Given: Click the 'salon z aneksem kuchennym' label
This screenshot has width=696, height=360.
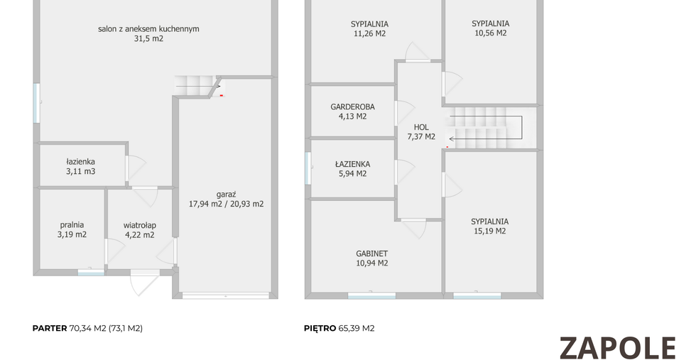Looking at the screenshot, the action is pyautogui.click(x=148, y=29).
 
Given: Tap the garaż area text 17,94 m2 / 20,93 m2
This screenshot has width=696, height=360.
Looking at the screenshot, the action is pyautogui.click(x=227, y=204).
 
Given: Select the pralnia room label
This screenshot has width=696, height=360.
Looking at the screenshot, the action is pyautogui.click(x=72, y=225).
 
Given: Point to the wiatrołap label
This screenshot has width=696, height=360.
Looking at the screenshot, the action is pyautogui.click(x=139, y=225).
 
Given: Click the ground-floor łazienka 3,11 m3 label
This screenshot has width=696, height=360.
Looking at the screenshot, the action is pyautogui.click(x=81, y=166).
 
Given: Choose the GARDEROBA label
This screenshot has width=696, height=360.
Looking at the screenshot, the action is pyautogui.click(x=352, y=107).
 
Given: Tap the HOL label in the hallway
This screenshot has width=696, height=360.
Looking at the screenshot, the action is pyautogui.click(x=421, y=127).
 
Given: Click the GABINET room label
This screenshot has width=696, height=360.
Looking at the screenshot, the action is pyautogui.click(x=372, y=254).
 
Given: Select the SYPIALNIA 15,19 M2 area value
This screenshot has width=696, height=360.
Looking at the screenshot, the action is pyautogui.click(x=489, y=231).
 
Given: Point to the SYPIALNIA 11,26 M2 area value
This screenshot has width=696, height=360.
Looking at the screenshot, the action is pyautogui.click(x=370, y=34).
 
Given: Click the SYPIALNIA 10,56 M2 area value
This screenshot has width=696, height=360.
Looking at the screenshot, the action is pyautogui.click(x=491, y=33).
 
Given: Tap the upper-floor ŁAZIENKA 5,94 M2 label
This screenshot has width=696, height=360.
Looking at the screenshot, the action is pyautogui.click(x=352, y=169).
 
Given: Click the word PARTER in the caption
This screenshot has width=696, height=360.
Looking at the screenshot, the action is pyautogui.click(x=50, y=329).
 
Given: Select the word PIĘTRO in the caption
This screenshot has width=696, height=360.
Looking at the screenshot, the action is pyautogui.click(x=320, y=329).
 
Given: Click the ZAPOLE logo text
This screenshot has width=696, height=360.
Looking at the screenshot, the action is pyautogui.click(x=617, y=348).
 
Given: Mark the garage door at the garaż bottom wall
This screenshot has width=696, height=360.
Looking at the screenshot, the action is pyautogui.click(x=226, y=295).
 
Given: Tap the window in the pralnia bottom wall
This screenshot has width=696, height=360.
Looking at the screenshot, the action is pyautogui.click(x=91, y=273).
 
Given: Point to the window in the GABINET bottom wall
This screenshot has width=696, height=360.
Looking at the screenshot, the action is pyautogui.click(x=371, y=295).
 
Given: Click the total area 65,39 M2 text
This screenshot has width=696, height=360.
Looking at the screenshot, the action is pyautogui.click(x=357, y=329).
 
